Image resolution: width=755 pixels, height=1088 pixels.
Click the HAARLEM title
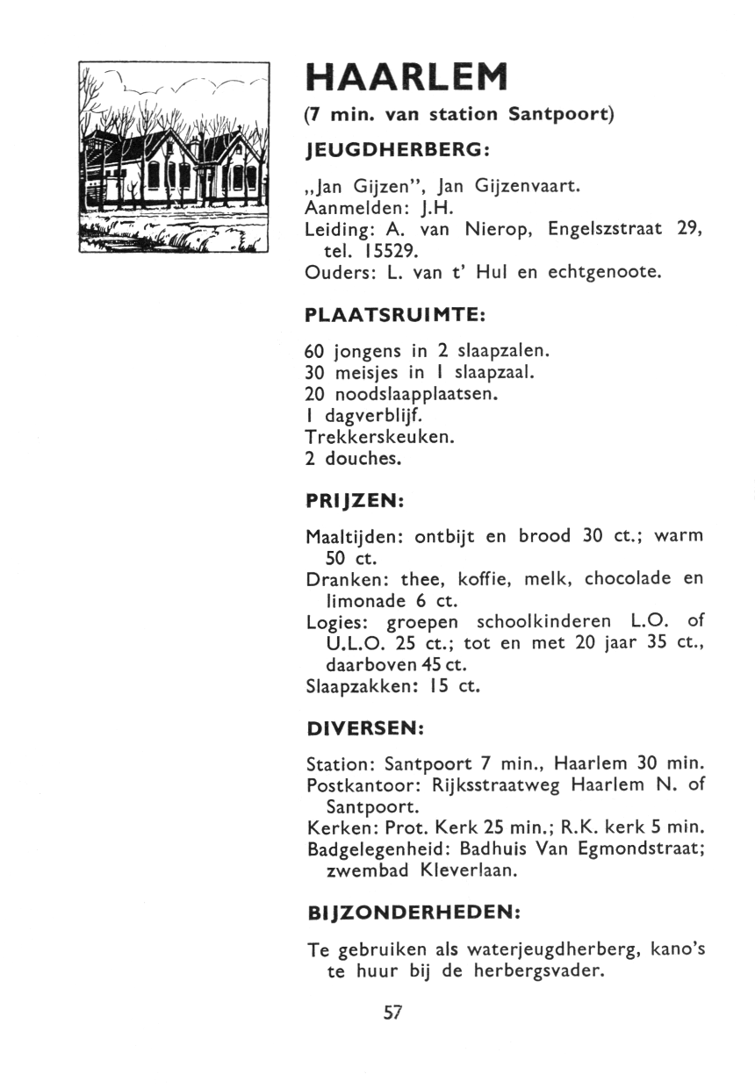tap(406, 78)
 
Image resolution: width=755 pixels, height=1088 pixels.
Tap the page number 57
tap(392, 1012)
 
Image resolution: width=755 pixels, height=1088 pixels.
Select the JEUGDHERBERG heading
tap(396, 150)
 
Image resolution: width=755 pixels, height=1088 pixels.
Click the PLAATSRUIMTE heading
tap(395, 313)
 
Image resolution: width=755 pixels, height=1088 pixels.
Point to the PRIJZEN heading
tap(354, 501)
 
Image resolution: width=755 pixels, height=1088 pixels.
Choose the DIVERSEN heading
tap(366, 728)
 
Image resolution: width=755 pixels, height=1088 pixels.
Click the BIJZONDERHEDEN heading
tap(413, 913)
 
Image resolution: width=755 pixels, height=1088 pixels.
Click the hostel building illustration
tap(173, 158)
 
